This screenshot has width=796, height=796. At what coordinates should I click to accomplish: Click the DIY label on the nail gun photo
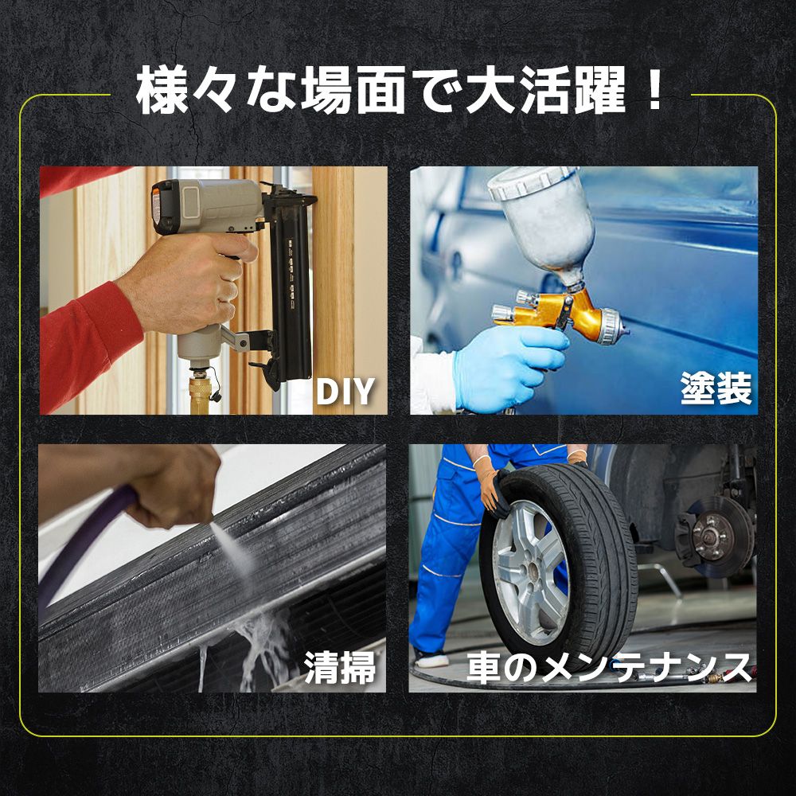(x=345, y=392)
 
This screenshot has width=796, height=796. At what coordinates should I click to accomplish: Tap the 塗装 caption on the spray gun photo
(x=716, y=391)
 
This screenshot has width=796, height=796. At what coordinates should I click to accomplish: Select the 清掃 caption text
(x=340, y=668)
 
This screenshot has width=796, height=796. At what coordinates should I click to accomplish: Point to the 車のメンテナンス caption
(x=609, y=667)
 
